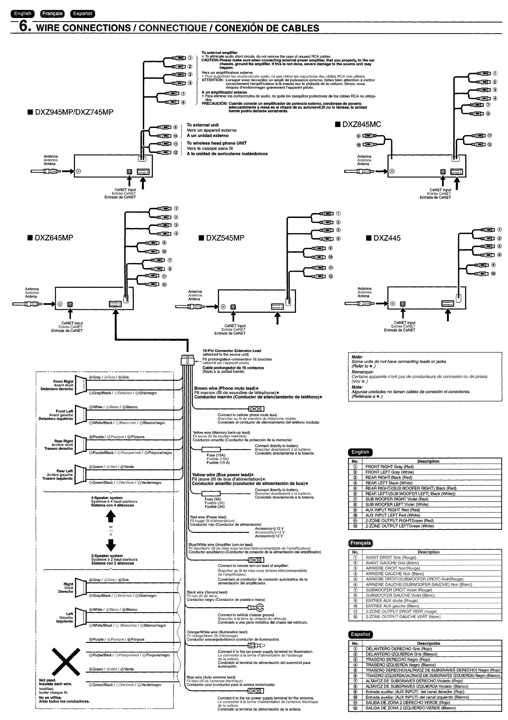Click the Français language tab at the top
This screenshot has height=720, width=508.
[x=52, y=14]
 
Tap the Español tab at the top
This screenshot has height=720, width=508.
[x=82, y=14]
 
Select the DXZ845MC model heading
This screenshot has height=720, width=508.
[x=361, y=125]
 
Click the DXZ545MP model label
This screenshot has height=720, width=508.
[x=225, y=238]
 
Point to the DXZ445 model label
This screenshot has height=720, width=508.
[x=387, y=238]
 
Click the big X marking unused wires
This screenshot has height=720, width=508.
[x=66, y=661]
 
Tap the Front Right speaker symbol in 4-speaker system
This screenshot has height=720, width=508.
[x=81, y=385]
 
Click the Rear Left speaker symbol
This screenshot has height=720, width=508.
[x=81, y=474]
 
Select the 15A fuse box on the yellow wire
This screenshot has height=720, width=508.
[x=211, y=449]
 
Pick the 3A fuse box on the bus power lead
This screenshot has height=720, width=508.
[x=211, y=493]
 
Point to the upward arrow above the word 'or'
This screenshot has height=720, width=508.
[x=111, y=515]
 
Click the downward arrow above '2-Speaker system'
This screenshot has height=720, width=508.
[x=111, y=545]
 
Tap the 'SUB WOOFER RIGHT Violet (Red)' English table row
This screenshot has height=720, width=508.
[x=397, y=499]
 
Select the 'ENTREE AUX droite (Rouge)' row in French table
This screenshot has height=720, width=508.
[x=392, y=600]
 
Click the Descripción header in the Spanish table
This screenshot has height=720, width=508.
[x=428, y=643]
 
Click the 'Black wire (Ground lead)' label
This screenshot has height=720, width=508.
[x=207, y=592]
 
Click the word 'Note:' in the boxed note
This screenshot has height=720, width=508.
[x=357, y=357]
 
